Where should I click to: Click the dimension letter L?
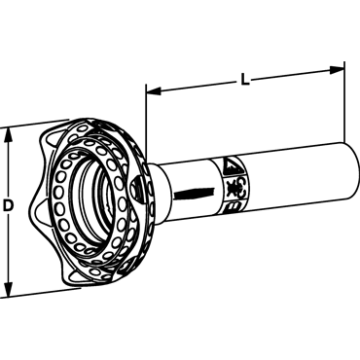click(245, 79)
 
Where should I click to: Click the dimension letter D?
click(9, 206)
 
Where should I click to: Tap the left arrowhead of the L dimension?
click(154, 91)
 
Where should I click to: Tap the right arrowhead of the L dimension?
click(337, 70)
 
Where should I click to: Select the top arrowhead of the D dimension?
click(9, 135)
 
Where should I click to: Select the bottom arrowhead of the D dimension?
click(9, 289)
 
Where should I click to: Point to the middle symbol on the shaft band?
click(234, 188)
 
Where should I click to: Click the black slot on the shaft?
click(195, 194)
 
